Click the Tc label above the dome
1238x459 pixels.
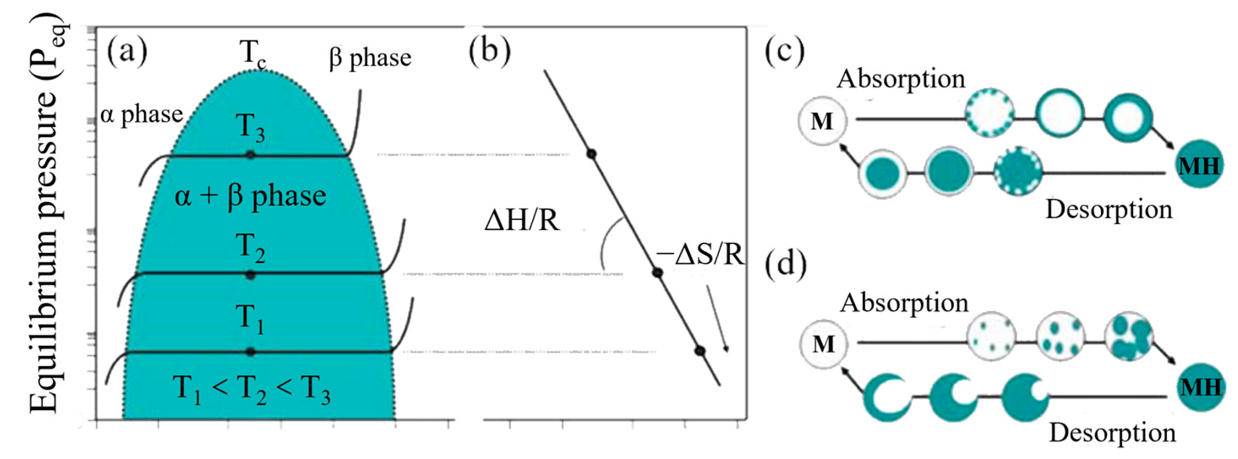(252, 53)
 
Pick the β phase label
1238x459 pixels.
(370, 59)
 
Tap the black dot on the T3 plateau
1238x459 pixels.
(251, 155)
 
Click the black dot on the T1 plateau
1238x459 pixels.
(251, 352)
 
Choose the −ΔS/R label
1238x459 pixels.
(700, 255)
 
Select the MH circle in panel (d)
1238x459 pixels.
(1200, 387)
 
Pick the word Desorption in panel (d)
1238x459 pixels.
(1112, 433)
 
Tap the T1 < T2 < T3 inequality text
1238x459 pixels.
(251, 389)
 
